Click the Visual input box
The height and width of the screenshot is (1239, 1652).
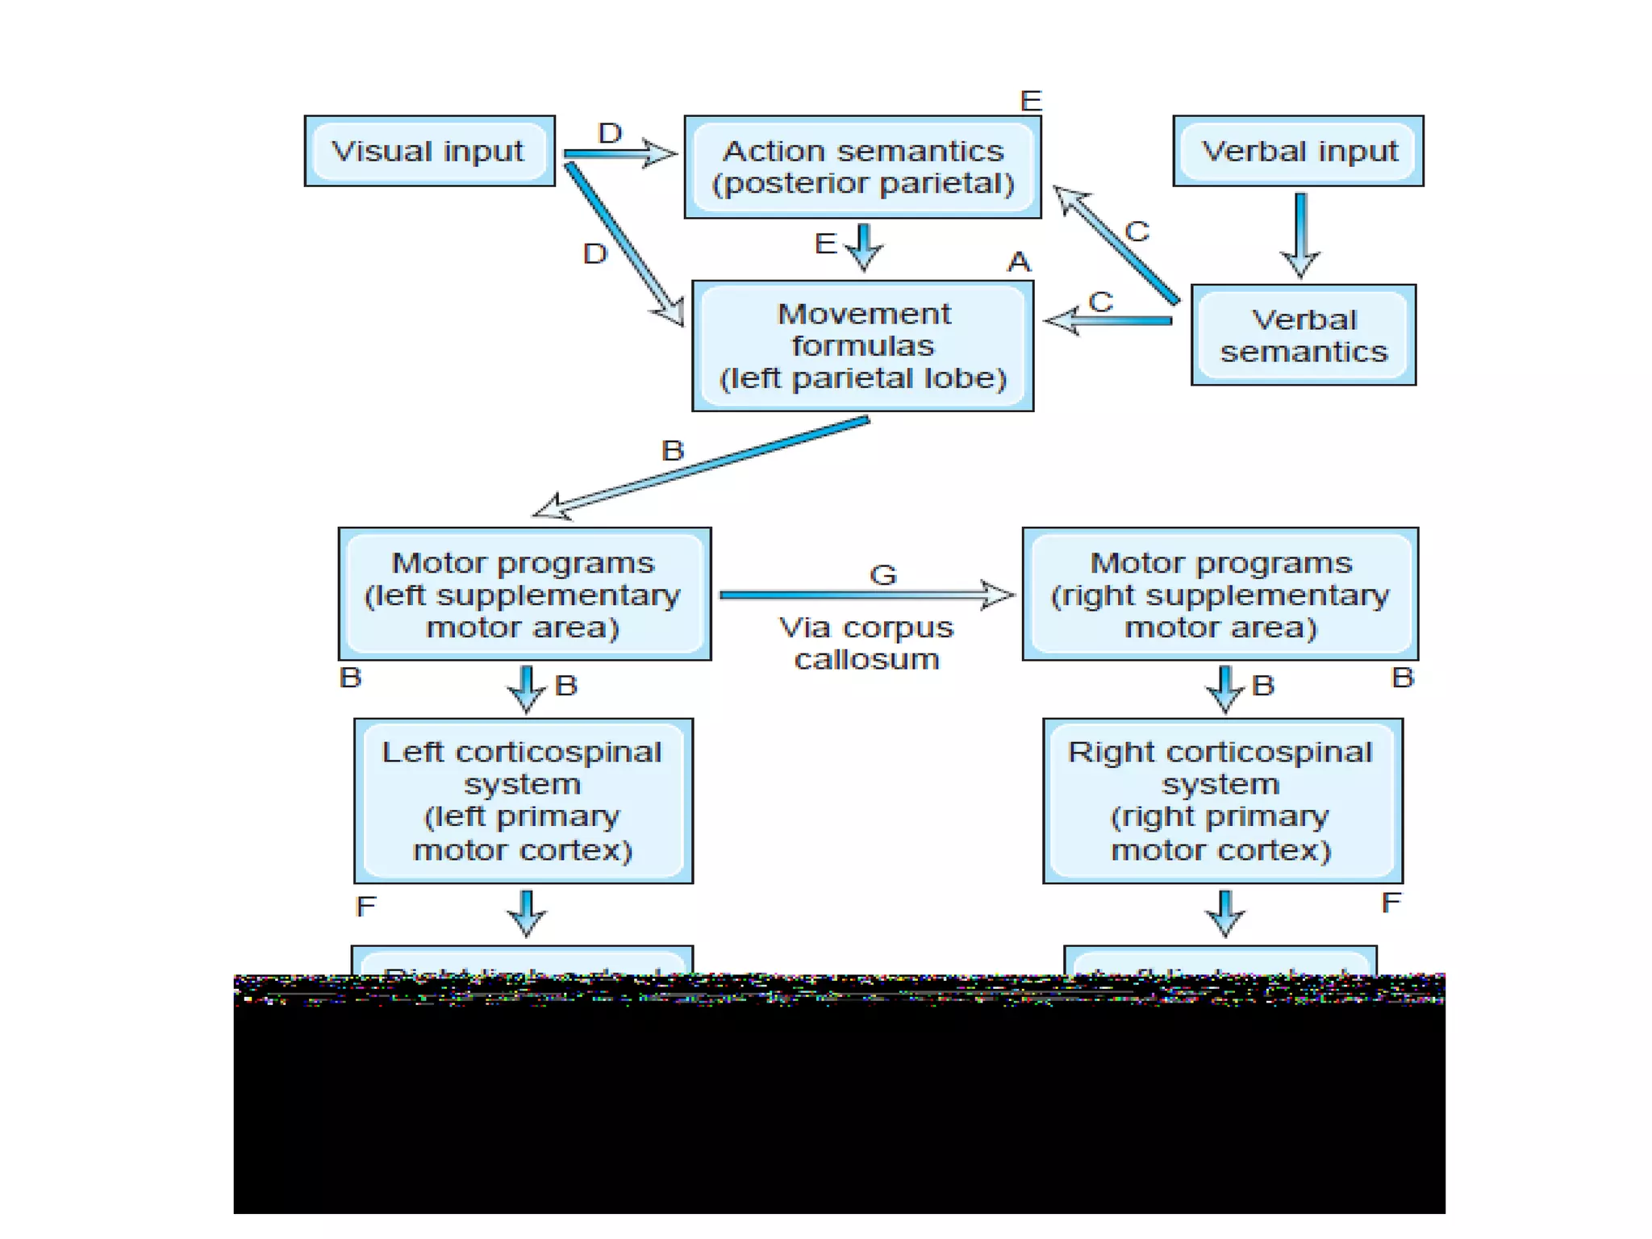tap(429, 151)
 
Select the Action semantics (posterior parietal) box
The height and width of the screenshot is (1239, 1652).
tap(862, 167)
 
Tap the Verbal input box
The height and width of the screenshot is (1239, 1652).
tap(1298, 151)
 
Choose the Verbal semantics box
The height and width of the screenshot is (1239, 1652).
tap(1303, 335)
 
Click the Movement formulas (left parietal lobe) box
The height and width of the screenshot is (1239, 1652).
tap(862, 346)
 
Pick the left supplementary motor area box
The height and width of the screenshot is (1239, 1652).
tap(524, 594)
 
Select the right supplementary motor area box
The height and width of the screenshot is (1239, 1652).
tap(1220, 594)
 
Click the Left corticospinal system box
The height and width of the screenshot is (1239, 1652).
tap(523, 800)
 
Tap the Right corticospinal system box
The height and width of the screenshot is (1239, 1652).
tap(1222, 800)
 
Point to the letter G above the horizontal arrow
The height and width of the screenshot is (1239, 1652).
tap(883, 575)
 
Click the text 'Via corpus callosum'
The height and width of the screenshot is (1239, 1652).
tap(866, 643)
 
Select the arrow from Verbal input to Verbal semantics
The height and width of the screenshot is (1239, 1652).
tap(1300, 234)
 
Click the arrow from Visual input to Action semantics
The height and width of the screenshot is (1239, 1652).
tap(619, 153)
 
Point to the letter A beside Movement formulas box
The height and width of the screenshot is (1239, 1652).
tap(1019, 262)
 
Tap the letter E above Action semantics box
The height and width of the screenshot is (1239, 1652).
tap(1031, 101)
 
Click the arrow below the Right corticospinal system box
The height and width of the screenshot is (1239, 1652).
tap(1225, 913)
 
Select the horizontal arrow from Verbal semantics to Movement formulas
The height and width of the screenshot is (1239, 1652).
tap(1109, 321)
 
